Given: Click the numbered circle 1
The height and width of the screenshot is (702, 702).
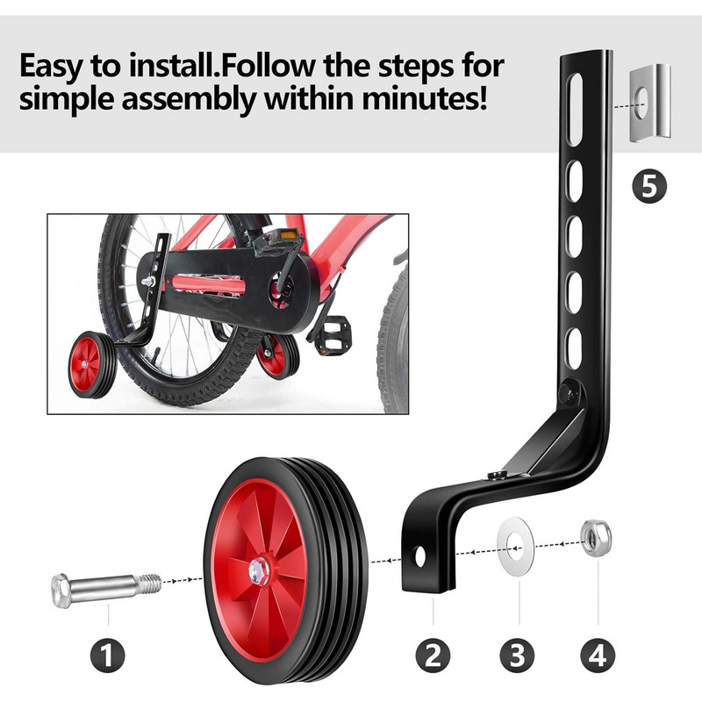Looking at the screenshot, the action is point(107,655).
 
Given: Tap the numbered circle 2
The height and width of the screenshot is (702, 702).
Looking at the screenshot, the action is point(433,655).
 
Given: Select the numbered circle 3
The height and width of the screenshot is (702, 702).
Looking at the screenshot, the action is point(517,655).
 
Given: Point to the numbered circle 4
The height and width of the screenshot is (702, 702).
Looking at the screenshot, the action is point(598,655).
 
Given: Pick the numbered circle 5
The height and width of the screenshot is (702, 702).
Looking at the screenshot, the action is point(649,186).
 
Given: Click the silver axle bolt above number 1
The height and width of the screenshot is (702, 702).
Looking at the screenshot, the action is point(106,590).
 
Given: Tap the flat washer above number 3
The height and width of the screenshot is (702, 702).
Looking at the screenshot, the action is point(516,546).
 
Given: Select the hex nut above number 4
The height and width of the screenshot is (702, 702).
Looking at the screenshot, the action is point(596,538).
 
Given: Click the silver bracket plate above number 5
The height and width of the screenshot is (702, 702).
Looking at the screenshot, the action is point(650,103).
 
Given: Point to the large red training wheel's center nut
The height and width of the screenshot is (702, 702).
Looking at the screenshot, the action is point(260,572).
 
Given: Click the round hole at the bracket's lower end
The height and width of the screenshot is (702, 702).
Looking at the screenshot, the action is point(420,556).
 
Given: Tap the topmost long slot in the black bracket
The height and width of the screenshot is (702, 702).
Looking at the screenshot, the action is point(575,110).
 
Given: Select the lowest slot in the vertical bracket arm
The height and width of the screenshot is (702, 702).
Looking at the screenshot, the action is point(574,348).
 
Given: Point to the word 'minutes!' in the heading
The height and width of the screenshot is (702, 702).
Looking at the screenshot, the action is point(425,98).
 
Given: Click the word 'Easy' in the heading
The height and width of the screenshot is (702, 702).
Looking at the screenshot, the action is point(52,68).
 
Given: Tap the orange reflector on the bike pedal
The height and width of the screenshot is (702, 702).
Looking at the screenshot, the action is point(289,234).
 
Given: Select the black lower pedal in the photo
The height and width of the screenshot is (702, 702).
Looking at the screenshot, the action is point(333,336).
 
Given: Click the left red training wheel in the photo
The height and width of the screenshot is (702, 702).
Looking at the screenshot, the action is point(92,364).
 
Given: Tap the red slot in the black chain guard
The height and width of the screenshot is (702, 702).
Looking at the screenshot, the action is point(208,284).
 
